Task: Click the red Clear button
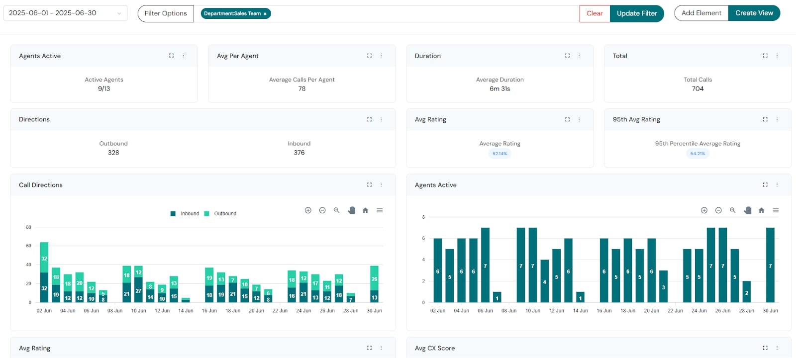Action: [x=595, y=13]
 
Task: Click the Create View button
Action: [x=754, y=13]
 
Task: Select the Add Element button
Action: [x=701, y=13]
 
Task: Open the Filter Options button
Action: [x=166, y=13]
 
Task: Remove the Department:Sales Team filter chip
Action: [x=265, y=14]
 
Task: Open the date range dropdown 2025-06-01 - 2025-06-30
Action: [x=65, y=13]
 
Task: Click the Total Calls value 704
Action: [x=697, y=89]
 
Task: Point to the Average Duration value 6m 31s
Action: [x=499, y=89]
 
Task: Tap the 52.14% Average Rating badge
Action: [x=499, y=154]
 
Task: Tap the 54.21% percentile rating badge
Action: [x=697, y=154]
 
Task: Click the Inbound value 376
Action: [x=299, y=153]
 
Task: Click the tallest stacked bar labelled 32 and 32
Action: [x=44, y=272]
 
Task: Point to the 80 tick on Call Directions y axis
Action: [x=29, y=227]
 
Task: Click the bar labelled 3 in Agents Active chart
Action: [x=663, y=286]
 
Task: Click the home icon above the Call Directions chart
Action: [x=365, y=210]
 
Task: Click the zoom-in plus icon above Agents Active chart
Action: [x=704, y=210]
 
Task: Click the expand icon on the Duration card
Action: [x=567, y=56]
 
